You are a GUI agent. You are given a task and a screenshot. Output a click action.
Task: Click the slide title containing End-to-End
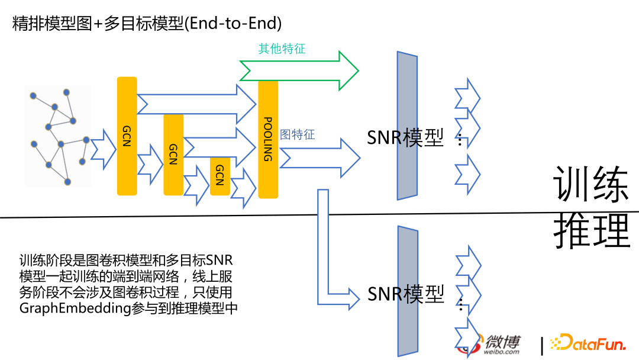(x=147, y=24)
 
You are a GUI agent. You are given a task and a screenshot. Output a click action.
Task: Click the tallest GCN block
(x=127, y=136)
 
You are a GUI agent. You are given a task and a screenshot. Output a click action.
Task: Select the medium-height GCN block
(x=173, y=155)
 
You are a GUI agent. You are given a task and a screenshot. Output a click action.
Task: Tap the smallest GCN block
(x=220, y=176)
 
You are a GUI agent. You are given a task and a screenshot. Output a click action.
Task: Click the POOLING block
(x=267, y=140)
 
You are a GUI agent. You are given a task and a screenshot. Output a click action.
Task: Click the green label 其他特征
(x=282, y=49)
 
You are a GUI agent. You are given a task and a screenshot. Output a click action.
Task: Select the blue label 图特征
(x=297, y=134)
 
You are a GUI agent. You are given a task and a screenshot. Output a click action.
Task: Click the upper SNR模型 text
(x=405, y=138)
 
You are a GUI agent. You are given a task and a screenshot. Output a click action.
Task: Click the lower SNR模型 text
(x=405, y=294)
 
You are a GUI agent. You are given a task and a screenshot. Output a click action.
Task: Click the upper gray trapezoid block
(x=407, y=126)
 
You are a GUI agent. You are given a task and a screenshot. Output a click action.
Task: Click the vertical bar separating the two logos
(x=541, y=345)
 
